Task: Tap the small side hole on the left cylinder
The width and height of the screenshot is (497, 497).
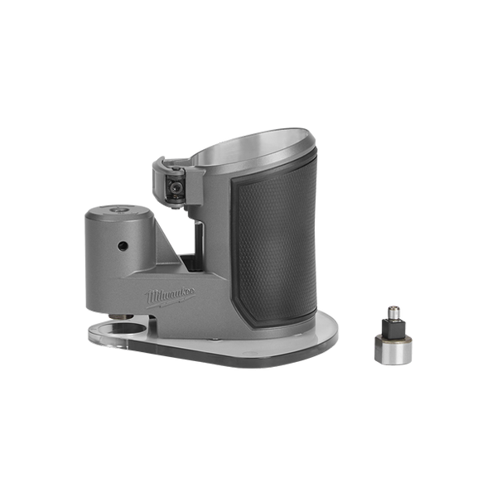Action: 123,246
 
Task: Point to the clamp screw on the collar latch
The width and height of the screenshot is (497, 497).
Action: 174,188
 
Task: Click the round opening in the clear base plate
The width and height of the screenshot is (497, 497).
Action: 127,329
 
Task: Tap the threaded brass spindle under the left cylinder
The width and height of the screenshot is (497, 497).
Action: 122,316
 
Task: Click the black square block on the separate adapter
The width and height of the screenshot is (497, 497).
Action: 393,329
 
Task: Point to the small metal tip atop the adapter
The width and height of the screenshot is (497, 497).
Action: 393,313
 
